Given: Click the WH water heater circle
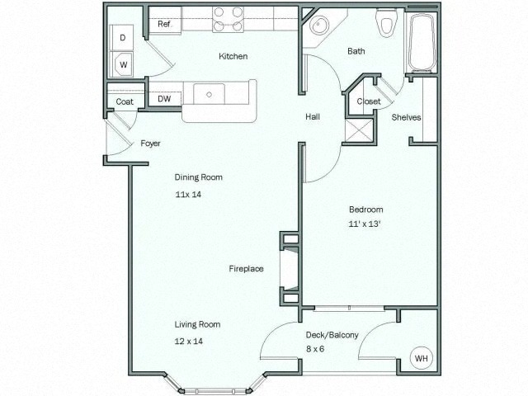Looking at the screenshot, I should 422,359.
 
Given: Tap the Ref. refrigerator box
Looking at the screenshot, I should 164,25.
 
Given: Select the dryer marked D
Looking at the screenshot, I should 123,38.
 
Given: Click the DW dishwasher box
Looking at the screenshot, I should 164,99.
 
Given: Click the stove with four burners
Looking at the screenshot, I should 228,20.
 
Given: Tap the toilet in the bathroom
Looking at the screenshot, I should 385,23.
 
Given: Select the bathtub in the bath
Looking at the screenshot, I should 421,43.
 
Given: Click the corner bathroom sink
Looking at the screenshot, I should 318,26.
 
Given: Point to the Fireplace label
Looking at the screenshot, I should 246,269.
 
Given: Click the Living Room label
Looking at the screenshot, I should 197,324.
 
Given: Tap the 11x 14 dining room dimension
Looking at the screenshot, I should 188,195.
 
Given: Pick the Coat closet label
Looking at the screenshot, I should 125,102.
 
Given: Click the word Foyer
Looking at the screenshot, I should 150,144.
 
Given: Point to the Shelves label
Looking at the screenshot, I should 406,117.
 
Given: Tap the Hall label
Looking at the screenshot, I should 313,117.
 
